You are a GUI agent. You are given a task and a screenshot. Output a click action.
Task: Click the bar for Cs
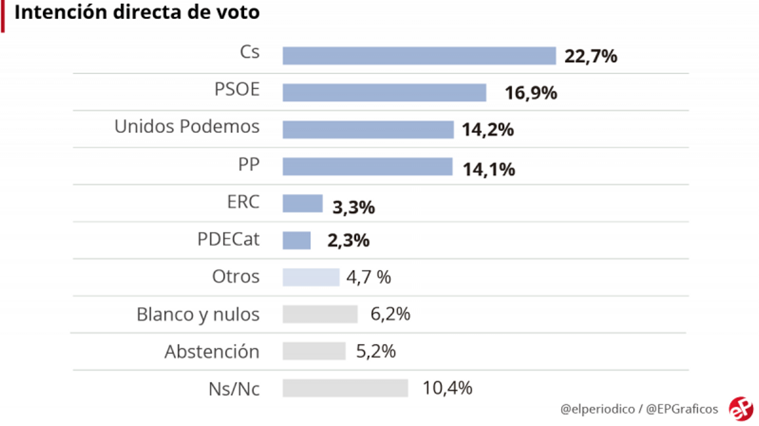click(x=419, y=56)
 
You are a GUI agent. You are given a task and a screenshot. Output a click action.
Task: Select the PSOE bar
click(x=384, y=92)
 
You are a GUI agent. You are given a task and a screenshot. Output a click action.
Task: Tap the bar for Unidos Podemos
click(x=367, y=130)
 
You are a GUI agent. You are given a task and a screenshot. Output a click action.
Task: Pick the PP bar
click(x=367, y=167)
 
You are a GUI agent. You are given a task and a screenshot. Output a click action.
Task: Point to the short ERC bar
click(x=302, y=204)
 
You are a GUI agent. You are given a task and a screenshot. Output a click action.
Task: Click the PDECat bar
click(x=297, y=241)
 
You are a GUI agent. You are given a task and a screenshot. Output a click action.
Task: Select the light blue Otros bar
click(x=311, y=277)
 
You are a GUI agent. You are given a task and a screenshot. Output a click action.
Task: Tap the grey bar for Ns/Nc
click(x=345, y=388)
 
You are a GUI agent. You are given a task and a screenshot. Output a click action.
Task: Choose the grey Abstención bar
click(x=314, y=351)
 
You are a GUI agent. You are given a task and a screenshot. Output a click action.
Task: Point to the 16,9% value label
click(x=531, y=94)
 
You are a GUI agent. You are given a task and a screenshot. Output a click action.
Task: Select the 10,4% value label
click(x=447, y=388)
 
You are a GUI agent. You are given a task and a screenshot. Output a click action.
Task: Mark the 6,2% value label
click(x=390, y=314)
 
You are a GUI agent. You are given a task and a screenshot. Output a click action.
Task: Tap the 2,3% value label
click(x=349, y=241)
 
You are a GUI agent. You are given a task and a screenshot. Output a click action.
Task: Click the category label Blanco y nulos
click(x=198, y=314)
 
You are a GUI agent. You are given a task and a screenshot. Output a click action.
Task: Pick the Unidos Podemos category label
click(x=187, y=127)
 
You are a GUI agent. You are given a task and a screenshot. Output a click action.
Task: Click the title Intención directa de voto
click(x=137, y=13)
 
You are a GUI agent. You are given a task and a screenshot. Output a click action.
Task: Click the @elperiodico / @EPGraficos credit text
click(x=639, y=409)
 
